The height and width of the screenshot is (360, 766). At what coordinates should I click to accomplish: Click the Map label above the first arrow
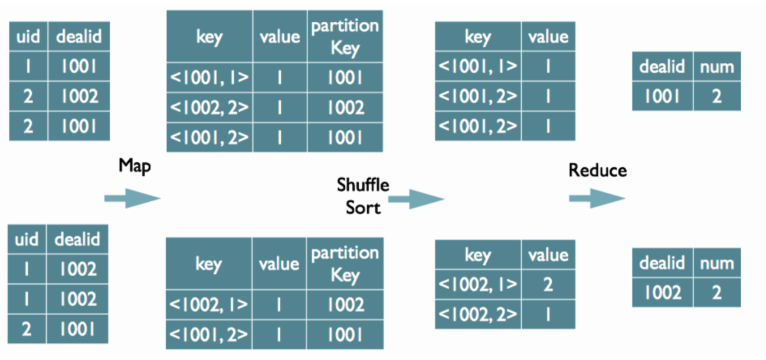[x=135, y=165]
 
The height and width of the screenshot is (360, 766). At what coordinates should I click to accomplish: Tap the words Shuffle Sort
[x=363, y=196]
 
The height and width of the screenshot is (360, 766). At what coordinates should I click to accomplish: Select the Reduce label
[x=597, y=171]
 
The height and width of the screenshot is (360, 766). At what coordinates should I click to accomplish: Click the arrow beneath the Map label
[x=132, y=198]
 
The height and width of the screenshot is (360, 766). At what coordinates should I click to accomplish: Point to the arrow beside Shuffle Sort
[x=416, y=199]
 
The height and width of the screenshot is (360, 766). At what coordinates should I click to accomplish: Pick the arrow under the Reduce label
[x=597, y=198]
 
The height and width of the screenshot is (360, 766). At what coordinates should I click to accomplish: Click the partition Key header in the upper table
[x=345, y=37]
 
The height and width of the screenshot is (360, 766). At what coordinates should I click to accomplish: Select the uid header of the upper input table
[x=28, y=37]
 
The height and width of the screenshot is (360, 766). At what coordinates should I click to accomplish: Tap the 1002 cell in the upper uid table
[x=78, y=96]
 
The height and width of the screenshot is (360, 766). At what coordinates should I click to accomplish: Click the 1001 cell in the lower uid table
[x=78, y=329]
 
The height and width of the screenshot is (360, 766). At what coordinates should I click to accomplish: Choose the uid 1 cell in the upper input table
[x=28, y=67]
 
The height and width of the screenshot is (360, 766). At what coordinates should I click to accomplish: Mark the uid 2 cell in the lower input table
[x=27, y=329]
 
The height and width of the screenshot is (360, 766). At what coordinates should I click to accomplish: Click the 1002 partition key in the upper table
[x=345, y=107]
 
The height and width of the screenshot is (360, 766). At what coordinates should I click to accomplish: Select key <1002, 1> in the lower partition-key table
[x=209, y=305]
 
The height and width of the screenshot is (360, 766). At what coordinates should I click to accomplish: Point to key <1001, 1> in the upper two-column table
[x=478, y=67]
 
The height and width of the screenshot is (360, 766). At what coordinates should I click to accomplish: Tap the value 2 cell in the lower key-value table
[x=548, y=284]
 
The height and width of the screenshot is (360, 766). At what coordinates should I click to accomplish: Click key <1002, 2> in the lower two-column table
[x=478, y=315]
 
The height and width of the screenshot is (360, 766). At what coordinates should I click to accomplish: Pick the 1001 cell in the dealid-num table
[x=662, y=96]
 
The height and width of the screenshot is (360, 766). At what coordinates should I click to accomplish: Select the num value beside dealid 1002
[x=716, y=292]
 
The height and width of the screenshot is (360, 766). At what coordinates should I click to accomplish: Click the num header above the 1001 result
[x=716, y=67]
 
